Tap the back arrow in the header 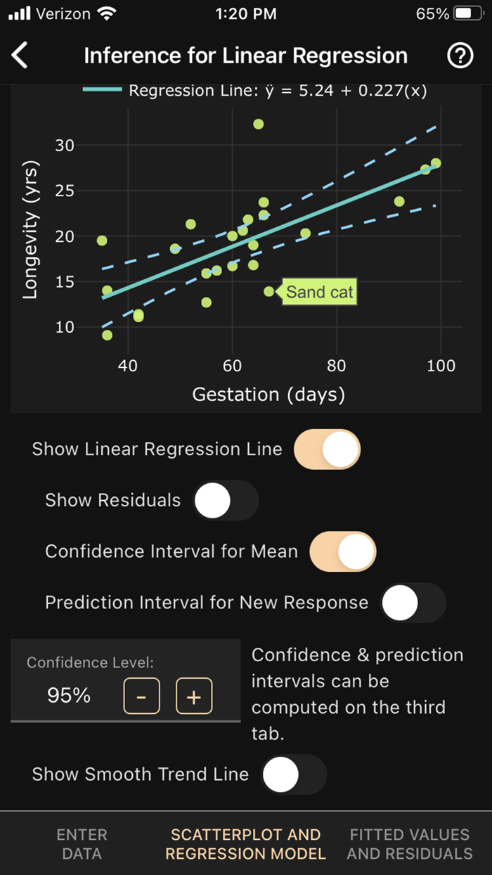pos(20,56)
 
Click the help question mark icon pos(460,56)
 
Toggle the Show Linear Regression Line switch pos(327,449)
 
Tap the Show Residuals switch pos(226,500)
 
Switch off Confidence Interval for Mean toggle pos(343,551)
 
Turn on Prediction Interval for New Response pos(413,603)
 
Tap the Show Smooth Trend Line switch pos(294,774)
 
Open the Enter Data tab pos(82,844)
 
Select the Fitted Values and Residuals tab pos(410,844)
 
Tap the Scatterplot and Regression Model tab pos(245,844)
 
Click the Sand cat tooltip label pos(320,292)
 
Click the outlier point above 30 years pos(259,124)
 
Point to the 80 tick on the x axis pos(337,366)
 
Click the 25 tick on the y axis pos(65,191)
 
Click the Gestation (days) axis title pos(268,395)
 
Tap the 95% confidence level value pos(69,696)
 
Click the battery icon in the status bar pos(468,13)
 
